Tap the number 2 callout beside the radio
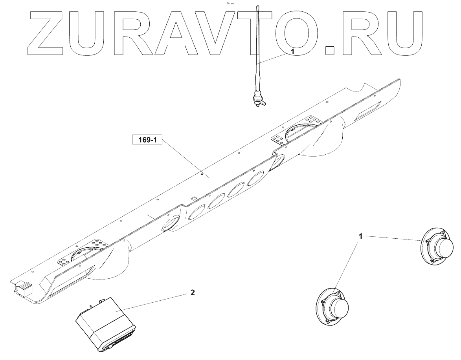pos(192,292)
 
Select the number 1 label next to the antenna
pos(292,51)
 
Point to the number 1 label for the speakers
pos(360,236)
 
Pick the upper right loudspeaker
pos(437,248)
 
